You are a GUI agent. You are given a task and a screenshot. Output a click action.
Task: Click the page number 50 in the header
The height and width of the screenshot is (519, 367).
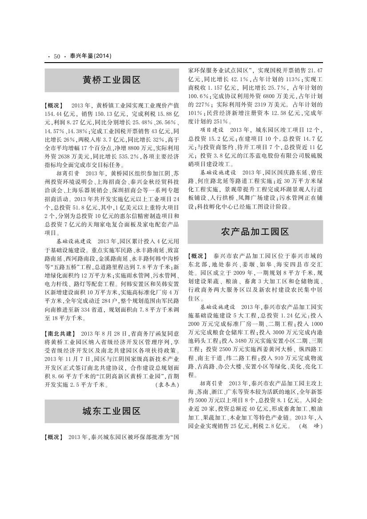point(56,56)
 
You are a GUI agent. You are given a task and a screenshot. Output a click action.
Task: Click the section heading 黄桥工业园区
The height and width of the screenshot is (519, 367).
point(112,80)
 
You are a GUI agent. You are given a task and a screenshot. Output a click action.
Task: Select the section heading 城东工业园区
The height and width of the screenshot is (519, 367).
point(112,411)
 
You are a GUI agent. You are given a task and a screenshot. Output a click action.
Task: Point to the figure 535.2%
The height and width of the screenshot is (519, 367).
point(128,144)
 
